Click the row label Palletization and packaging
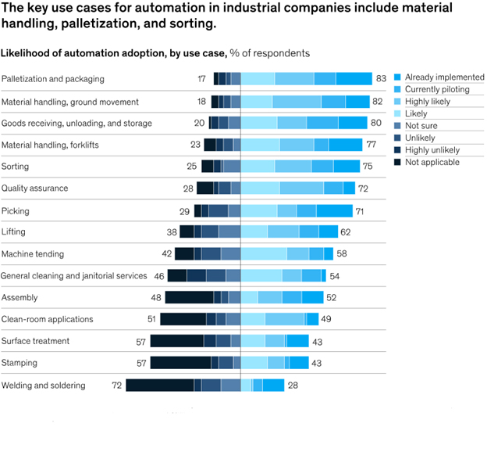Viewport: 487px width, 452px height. pyautogui.click(x=52, y=79)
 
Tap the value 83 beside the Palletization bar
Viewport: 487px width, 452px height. pyautogui.click(x=381, y=79)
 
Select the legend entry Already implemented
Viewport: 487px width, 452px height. pyautogui.click(x=444, y=77)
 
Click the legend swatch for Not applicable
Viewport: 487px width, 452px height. pyautogui.click(x=397, y=162)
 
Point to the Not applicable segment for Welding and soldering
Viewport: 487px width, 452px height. pyautogui.click(x=159, y=385)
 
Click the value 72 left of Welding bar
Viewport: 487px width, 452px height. pyautogui.click(x=117, y=386)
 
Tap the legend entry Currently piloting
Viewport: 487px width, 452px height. pyautogui.click(x=437, y=90)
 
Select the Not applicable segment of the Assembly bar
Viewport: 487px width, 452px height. pyautogui.click(x=189, y=297)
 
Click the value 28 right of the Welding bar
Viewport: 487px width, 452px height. pyautogui.click(x=293, y=386)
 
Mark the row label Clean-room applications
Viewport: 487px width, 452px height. pyautogui.click(x=48, y=319)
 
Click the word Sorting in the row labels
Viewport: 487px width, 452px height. pyautogui.click(x=15, y=167)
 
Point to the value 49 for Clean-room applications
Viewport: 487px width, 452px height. pyautogui.click(x=327, y=319)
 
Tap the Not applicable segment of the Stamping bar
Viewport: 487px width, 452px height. pyautogui.click(x=180, y=363)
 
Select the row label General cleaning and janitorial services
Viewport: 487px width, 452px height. pyautogui.click(x=74, y=276)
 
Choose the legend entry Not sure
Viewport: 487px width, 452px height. pyautogui.click(x=422, y=126)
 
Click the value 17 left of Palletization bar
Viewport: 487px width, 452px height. pyautogui.click(x=202, y=79)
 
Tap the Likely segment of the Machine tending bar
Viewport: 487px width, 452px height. pyautogui.click(x=264, y=253)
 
